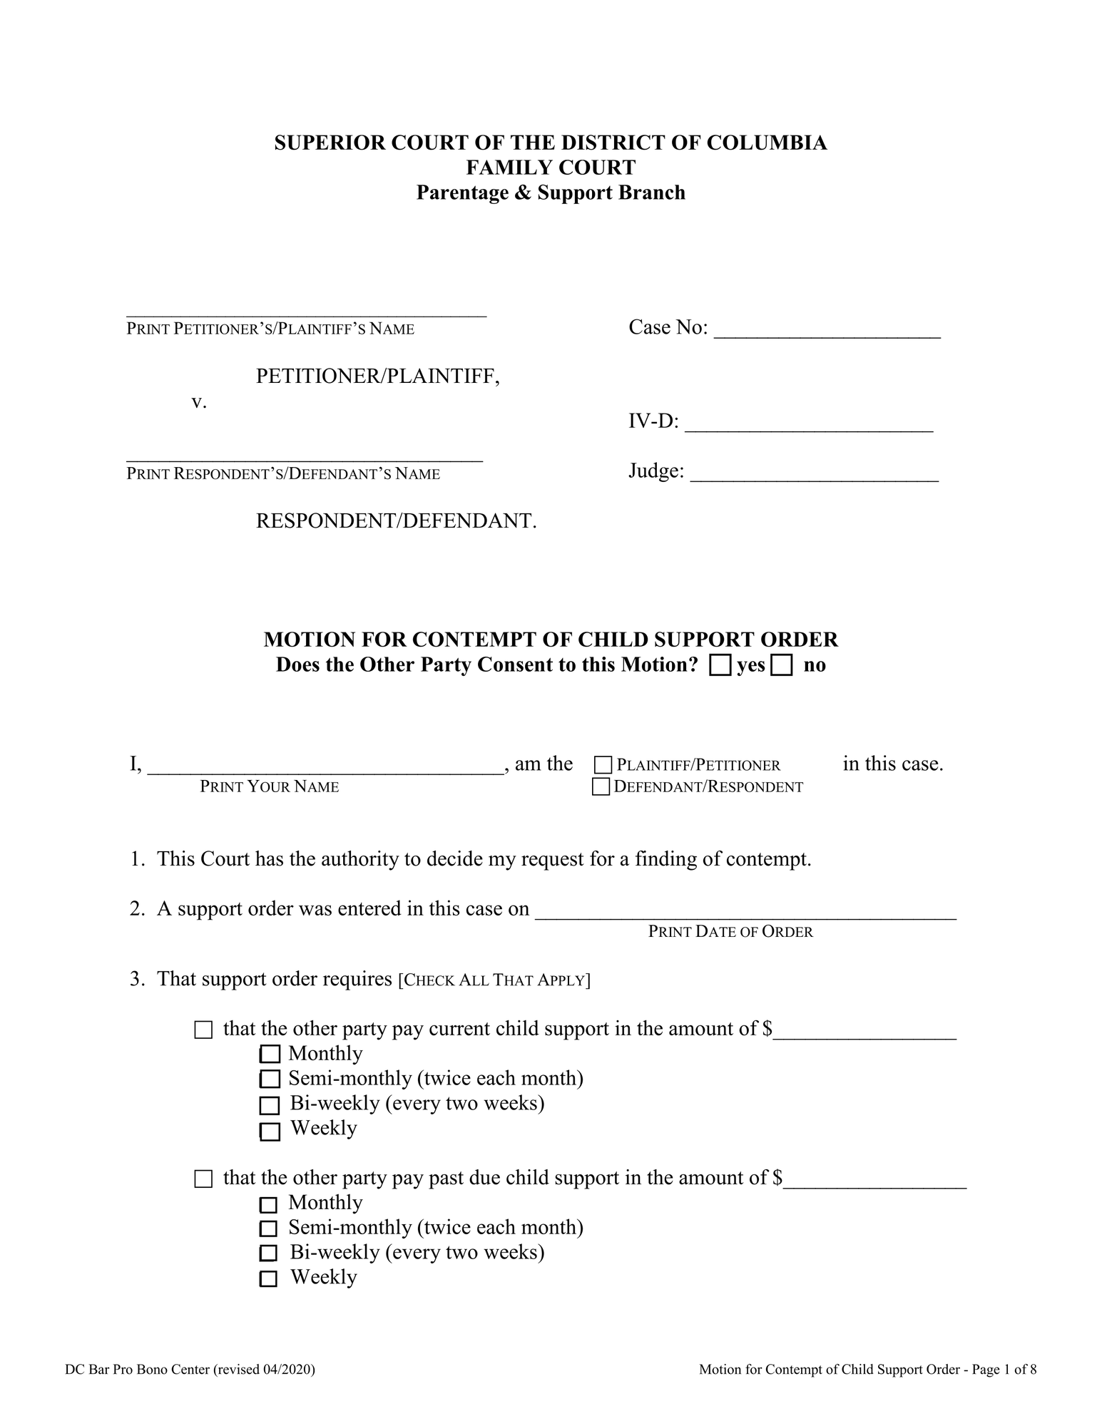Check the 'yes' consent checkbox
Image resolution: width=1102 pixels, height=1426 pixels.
(x=720, y=665)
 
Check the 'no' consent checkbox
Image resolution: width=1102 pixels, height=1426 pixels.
(x=782, y=665)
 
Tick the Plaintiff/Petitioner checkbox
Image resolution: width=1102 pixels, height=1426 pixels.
(x=603, y=765)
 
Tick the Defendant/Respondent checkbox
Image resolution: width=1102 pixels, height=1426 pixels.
(x=601, y=786)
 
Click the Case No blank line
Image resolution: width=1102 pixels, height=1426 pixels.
(x=827, y=331)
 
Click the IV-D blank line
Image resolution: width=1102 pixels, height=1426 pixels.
(x=808, y=425)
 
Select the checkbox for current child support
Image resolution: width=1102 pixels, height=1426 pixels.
(x=203, y=1030)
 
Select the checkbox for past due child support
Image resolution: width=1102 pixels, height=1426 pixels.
(x=203, y=1179)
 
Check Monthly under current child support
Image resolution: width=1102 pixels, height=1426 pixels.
(x=270, y=1054)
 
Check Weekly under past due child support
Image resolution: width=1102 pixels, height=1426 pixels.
(x=268, y=1278)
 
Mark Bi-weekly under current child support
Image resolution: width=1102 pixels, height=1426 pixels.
(x=269, y=1105)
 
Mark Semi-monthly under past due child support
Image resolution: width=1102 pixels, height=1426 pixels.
(x=268, y=1228)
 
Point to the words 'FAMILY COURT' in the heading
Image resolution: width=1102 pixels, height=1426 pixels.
(x=551, y=168)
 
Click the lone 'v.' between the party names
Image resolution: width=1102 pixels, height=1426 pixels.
(x=199, y=402)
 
